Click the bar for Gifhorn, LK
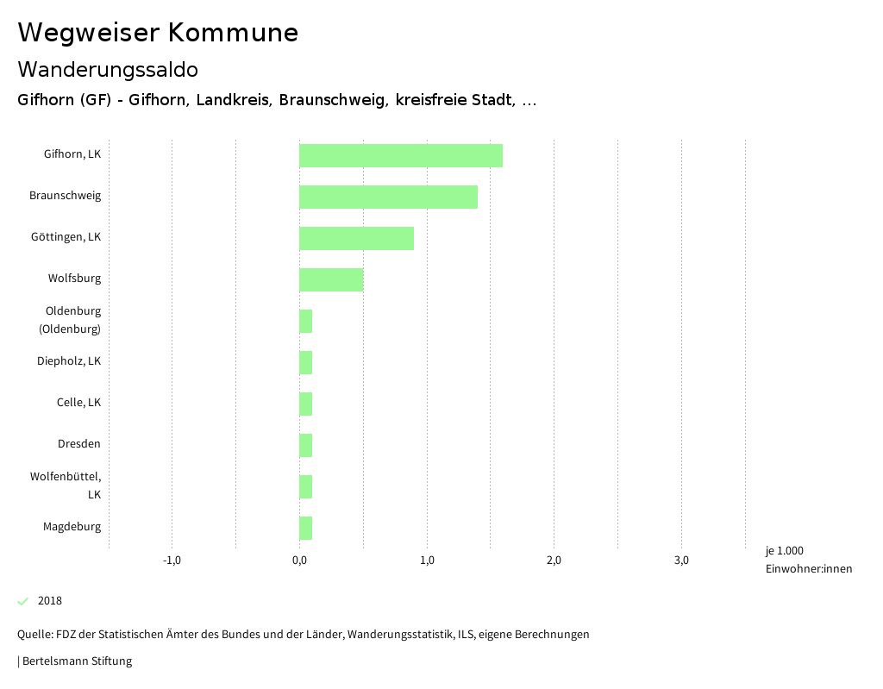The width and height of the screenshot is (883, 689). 401,156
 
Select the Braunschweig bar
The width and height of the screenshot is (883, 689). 388,197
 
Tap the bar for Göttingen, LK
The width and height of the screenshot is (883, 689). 356,239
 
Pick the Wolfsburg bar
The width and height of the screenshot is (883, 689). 331,280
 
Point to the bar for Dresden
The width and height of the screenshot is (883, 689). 305,446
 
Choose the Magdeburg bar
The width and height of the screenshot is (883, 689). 305,529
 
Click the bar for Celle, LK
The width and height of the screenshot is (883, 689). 305,404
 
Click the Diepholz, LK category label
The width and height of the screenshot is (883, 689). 69,361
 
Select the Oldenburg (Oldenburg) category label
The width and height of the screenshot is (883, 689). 73,320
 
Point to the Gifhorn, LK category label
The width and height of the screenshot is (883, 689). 72,154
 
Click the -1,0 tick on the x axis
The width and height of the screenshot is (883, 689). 172,561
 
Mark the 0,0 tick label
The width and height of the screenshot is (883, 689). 299,561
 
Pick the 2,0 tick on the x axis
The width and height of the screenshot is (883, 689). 554,561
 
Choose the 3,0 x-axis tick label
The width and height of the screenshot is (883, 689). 681,561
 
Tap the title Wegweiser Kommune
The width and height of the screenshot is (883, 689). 158,33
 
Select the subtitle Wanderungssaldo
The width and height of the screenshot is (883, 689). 108,69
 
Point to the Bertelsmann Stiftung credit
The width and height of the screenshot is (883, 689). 76,661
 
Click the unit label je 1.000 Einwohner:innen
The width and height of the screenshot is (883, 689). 808,560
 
